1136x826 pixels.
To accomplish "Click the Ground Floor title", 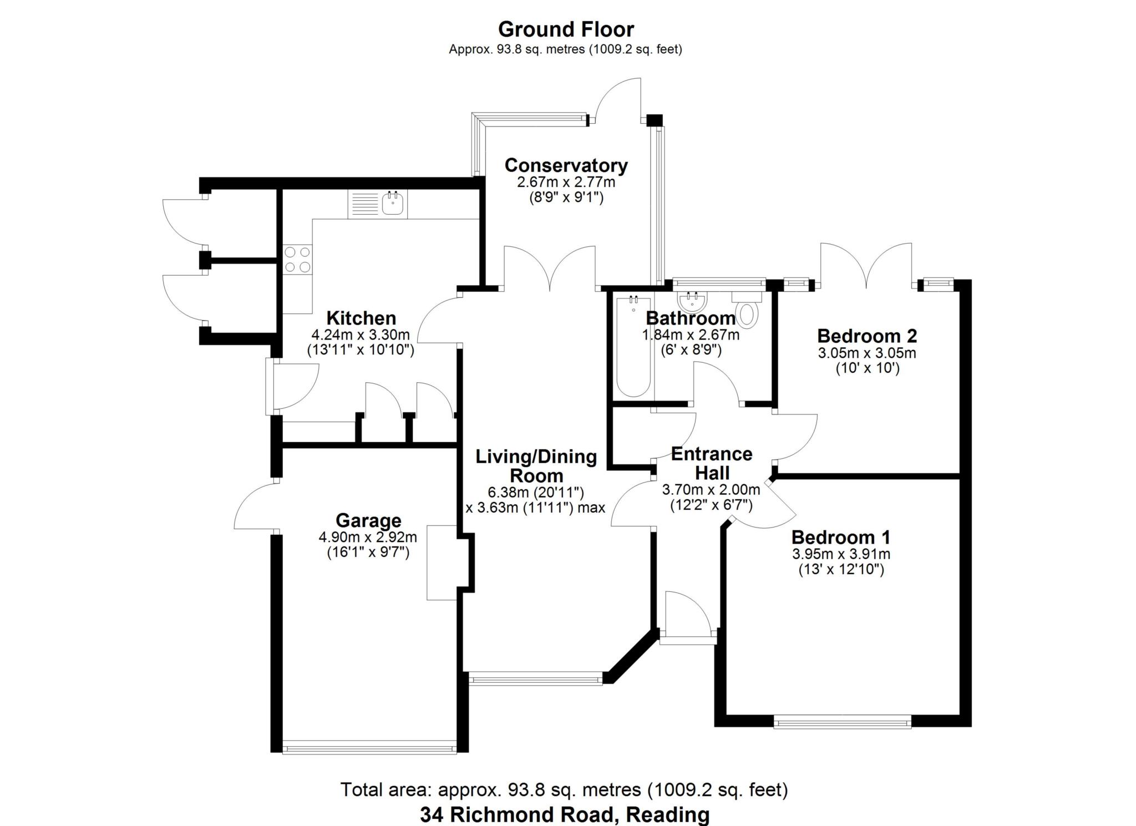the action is pos(566,29).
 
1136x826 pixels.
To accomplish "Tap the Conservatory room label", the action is pos(566,165).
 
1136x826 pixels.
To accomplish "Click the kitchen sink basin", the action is pos(393,204).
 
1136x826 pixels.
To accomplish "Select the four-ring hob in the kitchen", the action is pos(297,260).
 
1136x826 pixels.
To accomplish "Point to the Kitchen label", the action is pos(361,318).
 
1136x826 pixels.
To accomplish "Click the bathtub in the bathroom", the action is pos(633,347).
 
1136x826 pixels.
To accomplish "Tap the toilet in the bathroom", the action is pos(748,308).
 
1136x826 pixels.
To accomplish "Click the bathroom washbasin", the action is pos(692,302).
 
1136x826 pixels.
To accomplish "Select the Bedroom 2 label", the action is pos(867,336).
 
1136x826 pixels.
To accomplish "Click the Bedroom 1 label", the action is pos(841,537).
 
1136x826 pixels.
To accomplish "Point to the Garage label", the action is pos(368,520).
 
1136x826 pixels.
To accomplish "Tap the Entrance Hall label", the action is pos(712,463).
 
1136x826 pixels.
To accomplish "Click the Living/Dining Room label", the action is pos(536,466).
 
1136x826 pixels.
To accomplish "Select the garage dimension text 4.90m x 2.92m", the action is pos(368,537).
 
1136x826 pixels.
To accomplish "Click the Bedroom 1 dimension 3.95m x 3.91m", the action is pos(841,554).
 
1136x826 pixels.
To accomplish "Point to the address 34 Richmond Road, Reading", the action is pos(565,814).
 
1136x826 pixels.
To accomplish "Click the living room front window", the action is pos(535,678).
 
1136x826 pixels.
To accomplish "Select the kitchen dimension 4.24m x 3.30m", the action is pos(361,335).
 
